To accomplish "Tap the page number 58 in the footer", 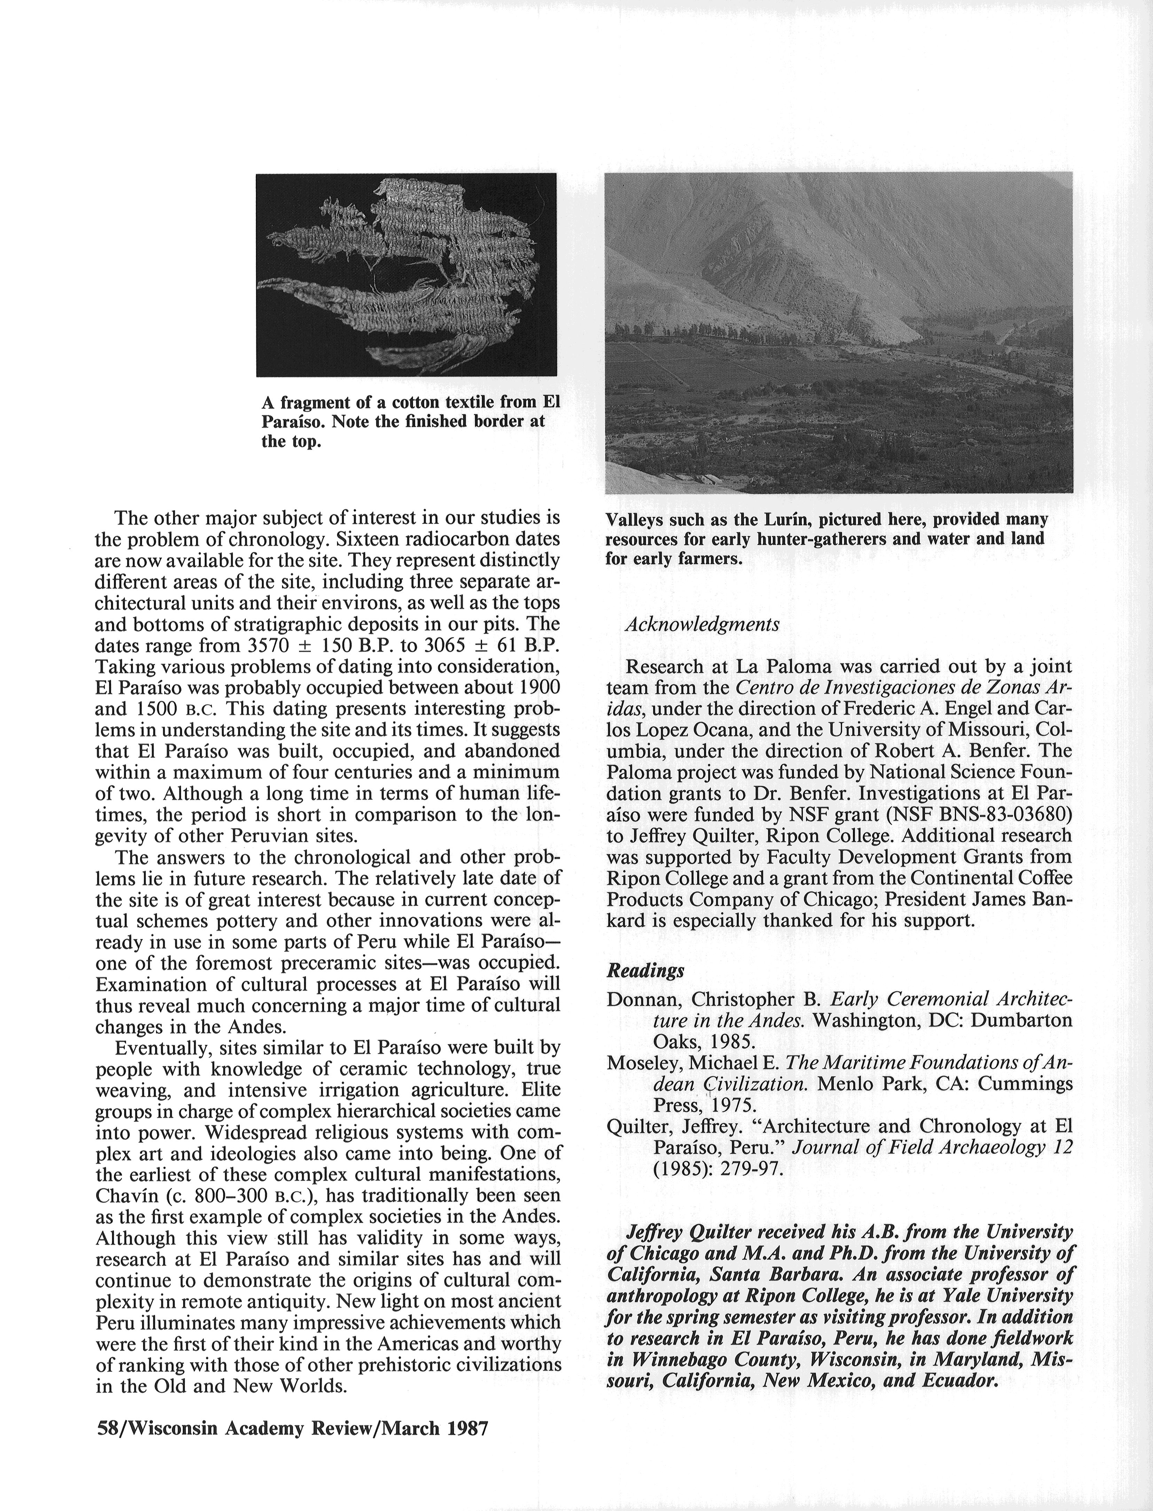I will point(108,1428).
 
